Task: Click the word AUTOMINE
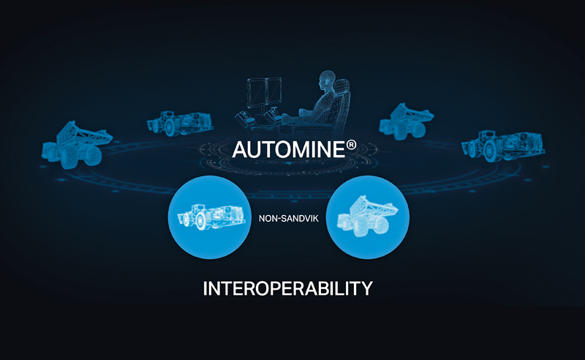(289, 149)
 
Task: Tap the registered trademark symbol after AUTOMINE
(352, 145)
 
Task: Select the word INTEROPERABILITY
(287, 288)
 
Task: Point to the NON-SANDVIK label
(289, 219)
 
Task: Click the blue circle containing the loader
(210, 217)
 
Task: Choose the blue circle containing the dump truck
(368, 217)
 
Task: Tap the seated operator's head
(326, 79)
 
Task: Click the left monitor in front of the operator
(256, 93)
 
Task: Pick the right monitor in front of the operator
(273, 91)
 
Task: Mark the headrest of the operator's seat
(342, 86)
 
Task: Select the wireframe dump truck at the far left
(77, 145)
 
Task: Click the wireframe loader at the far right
(502, 146)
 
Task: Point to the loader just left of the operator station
(180, 123)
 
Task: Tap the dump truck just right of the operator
(406, 121)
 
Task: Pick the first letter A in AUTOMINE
(240, 150)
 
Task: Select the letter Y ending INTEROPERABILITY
(367, 289)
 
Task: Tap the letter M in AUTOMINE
(299, 150)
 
